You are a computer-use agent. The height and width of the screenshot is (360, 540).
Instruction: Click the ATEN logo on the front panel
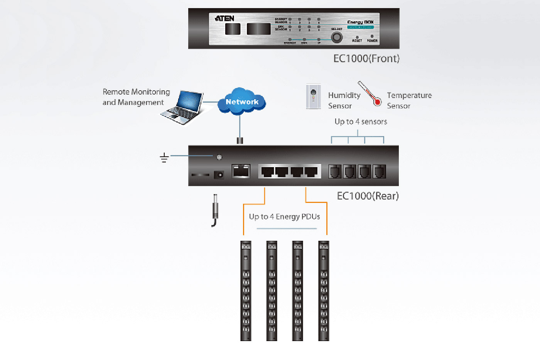224,18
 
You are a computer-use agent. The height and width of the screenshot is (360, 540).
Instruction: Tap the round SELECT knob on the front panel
337,37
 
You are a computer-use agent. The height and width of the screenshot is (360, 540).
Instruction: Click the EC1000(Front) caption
366,59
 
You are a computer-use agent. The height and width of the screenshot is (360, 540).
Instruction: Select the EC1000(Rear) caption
368,196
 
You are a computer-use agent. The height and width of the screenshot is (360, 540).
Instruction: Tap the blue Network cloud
242,101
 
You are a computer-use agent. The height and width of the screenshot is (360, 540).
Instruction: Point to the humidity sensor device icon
313,96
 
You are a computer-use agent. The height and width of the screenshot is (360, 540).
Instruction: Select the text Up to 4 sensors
361,122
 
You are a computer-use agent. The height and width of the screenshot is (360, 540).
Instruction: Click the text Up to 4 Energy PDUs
284,217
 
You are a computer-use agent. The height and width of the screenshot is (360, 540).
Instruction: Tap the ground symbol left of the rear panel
164,157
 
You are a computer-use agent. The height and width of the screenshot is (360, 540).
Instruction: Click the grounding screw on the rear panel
219,157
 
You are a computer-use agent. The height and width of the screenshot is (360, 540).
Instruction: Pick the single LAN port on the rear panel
241,171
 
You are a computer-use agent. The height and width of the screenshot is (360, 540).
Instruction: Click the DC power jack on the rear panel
219,175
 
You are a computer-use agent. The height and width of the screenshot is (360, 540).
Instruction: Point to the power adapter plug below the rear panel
215,210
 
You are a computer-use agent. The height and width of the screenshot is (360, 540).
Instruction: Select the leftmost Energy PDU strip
246,291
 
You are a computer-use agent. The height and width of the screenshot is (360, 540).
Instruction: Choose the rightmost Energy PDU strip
324,291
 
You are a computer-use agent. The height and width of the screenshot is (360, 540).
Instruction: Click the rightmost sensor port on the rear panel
380,171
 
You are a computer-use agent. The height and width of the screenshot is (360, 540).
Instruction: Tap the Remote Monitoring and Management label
136,97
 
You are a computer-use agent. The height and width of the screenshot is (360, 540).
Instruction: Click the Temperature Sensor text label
409,100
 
